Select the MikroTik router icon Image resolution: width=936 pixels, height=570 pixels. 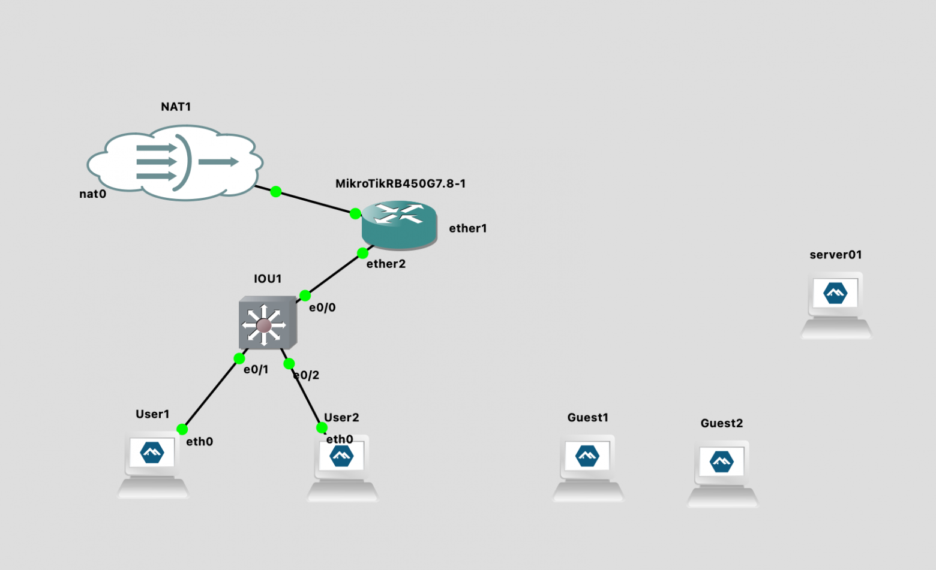click(x=399, y=224)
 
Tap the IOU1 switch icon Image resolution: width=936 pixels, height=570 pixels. click(x=268, y=324)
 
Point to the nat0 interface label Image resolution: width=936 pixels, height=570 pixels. click(x=92, y=194)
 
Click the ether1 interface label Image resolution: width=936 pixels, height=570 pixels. click(x=468, y=228)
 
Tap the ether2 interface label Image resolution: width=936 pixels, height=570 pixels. click(x=386, y=264)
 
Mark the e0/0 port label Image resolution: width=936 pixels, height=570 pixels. click(x=322, y=307)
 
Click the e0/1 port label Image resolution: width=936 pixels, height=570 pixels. click(x=256, y=370)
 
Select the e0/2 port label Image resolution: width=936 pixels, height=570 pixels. click(x=307, y=375)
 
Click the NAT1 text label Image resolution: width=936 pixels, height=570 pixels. click(x=176, y=107)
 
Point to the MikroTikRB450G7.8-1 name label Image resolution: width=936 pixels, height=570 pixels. click(x=400, y=183)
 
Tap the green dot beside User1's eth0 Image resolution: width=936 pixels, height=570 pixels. click(x=182, y=429)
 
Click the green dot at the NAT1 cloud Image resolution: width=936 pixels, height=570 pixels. click(x=275, y=192)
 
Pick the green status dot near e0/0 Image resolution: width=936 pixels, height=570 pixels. click(x=305, y=295)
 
